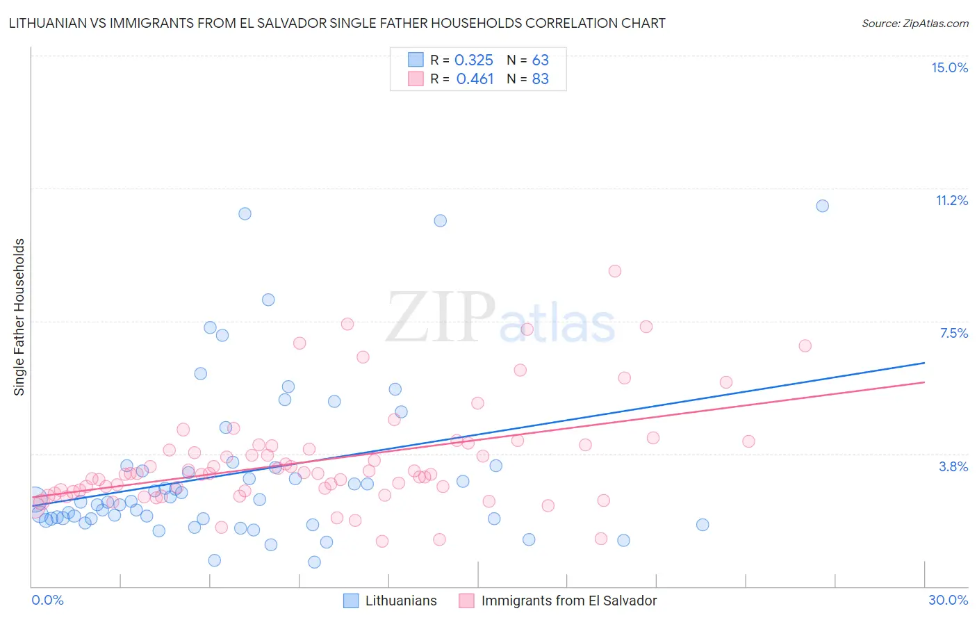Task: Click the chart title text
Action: click(336, 23)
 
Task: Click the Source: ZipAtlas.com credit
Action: click(914, 23)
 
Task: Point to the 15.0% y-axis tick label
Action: click(949, 67)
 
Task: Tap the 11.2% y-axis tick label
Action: click(951, 200)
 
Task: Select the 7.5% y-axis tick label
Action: click(953, 333)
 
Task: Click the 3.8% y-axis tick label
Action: click(953, 466)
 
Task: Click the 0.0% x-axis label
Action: click(47, 600)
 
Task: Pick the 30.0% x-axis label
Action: click(948, 600)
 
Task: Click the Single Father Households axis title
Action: click(19, 317)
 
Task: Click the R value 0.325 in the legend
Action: click(474, 60)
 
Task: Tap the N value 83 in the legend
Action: click(540, 79)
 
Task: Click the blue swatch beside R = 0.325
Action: click(416, 60)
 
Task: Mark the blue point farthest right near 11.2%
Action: click(822, 206)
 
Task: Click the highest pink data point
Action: click(614, 271)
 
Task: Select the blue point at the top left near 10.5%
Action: click(245, 213)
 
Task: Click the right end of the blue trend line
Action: click(924, 363)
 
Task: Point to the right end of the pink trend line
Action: click(924, 382)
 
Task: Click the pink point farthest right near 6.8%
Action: click(805, 345)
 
